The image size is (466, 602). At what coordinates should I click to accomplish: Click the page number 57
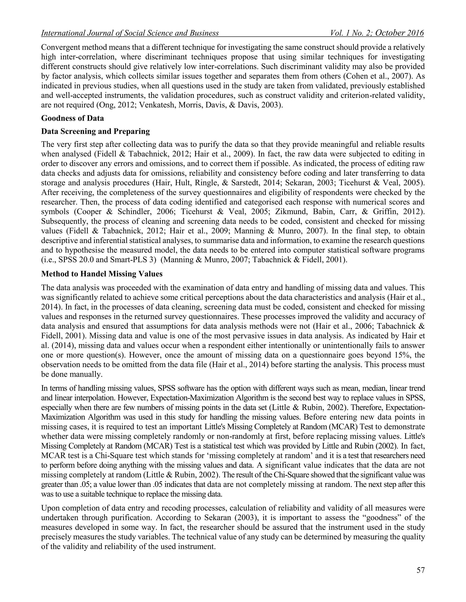(x=420, y=570)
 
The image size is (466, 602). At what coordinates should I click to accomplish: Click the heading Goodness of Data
(x=72, y=118)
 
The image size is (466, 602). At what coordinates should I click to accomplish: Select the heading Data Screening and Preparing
(x=95, y=131)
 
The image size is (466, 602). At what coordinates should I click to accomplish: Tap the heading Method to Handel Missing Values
(x=101, y=274)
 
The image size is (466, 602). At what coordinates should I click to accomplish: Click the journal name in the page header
(x=130, y=33)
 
